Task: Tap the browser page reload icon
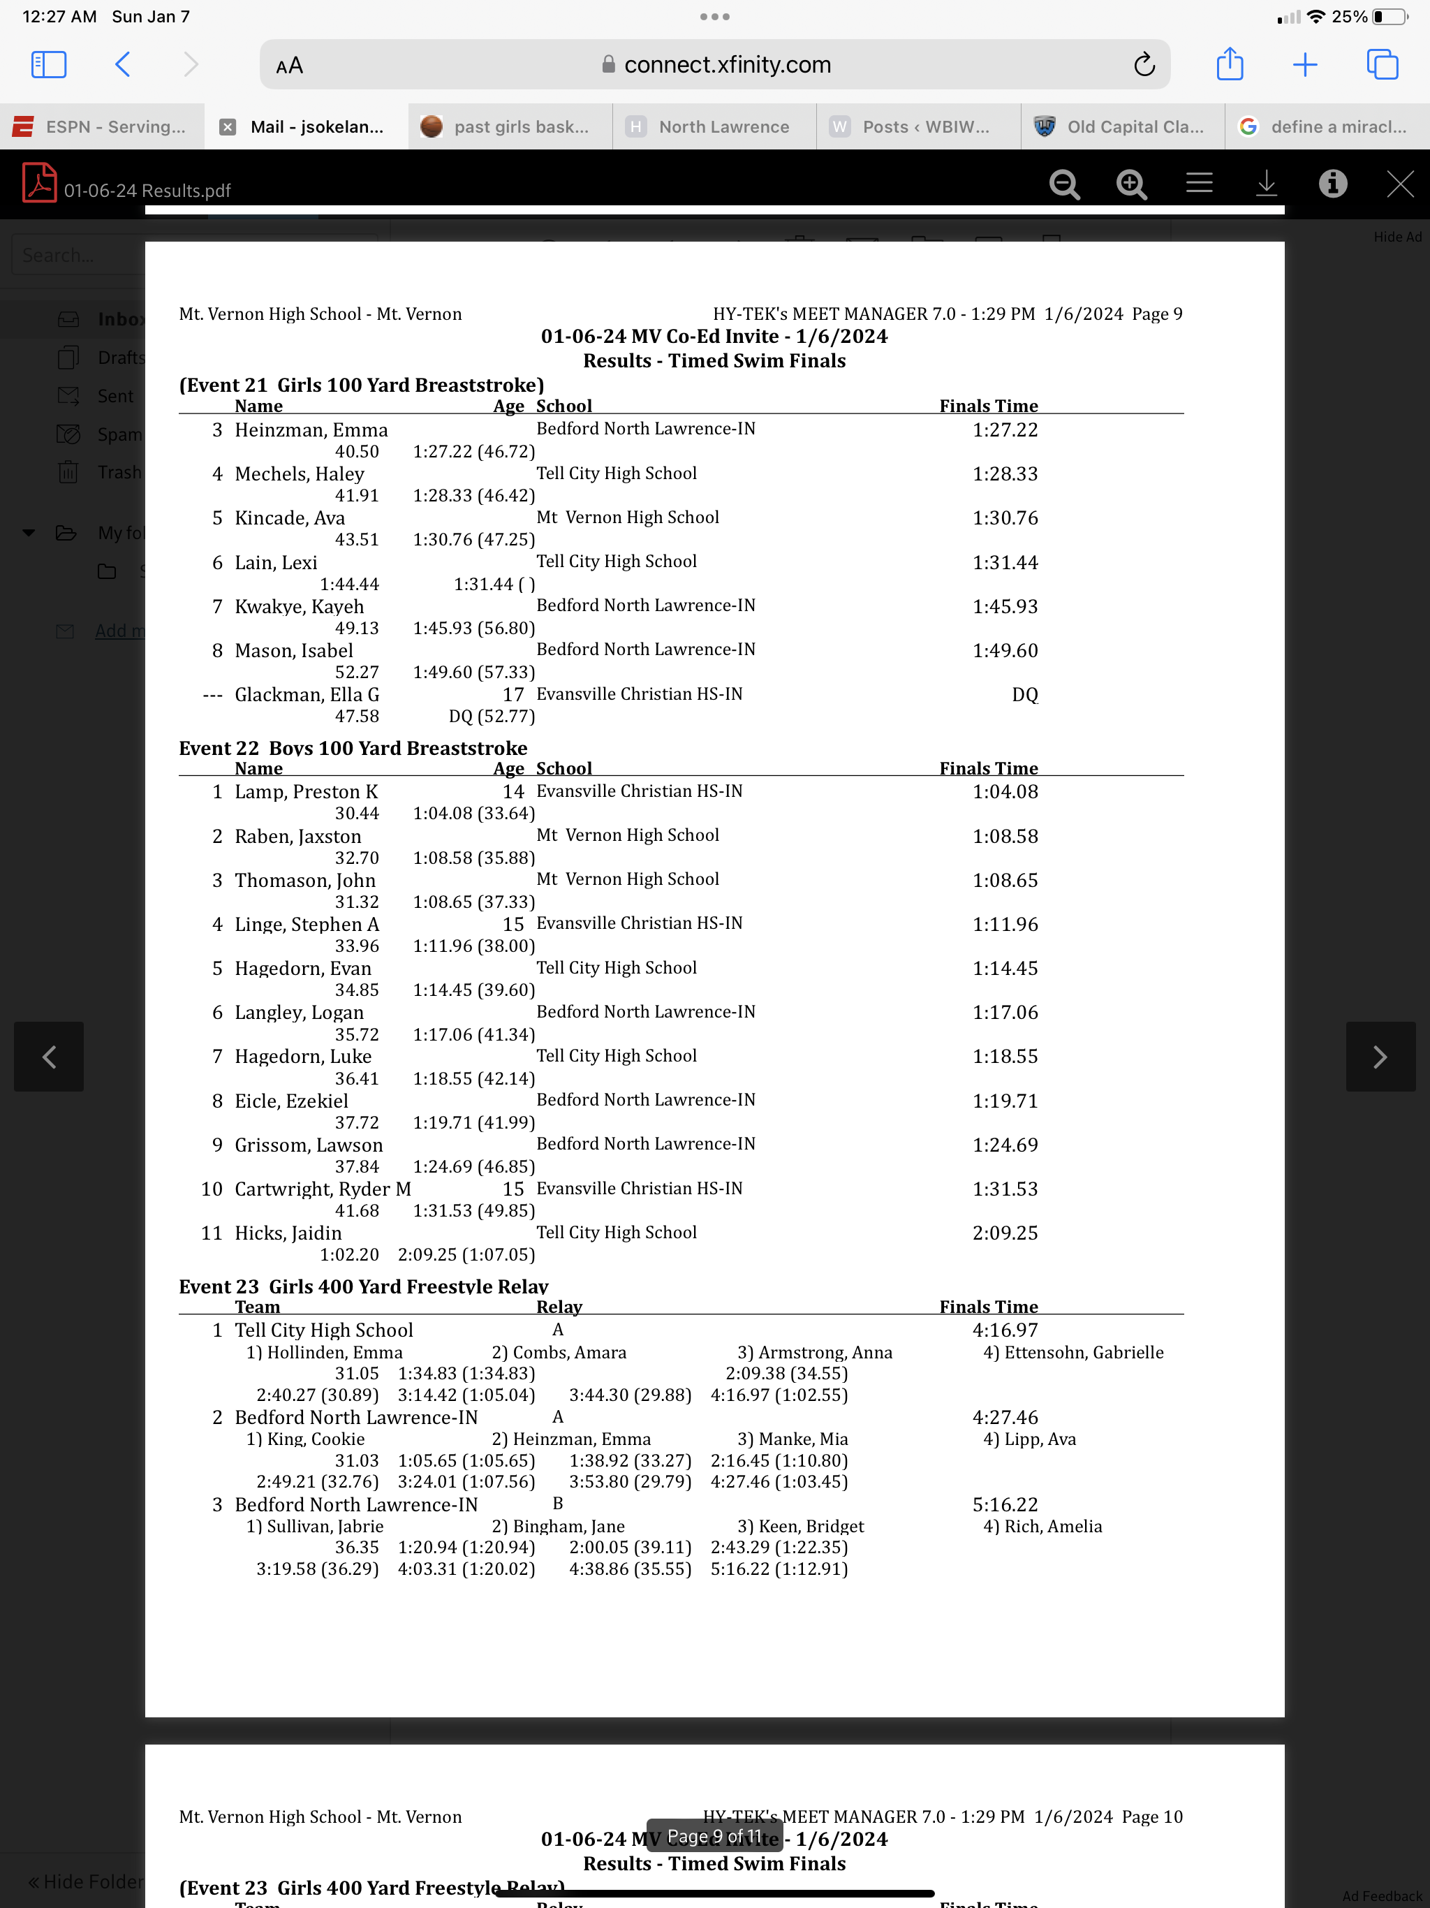pyautogui.click(x=1144, y=65)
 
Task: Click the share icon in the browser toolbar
pyautogui.click(x=1229, y=65)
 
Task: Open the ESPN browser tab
pyautogui.click(x=103, y=127)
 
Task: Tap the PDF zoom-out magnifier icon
pyautogui.click(x=1064, y=184)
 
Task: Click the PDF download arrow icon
pyautogui.click(x=1266, y=184)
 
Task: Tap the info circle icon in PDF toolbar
pyautogui.click(x=1332, y=184)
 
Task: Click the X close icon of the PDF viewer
pyautogui.click(x=1400, y=184)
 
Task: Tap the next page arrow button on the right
pyautogui.click(x=1380, y=1057)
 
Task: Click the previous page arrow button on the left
pyautogui.click(x=49, y=1057)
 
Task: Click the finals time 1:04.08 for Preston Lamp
pyautogui.click(x=1005, y=792)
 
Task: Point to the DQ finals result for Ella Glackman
pyautogui.click(x=1024, y=694)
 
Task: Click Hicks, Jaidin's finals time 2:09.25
pyautogui.click(x=1005, y=1233)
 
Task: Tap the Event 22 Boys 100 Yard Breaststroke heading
pyautogui.click(x=353, y=748)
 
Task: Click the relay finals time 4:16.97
pyautogui.click(x=1005, y=1330)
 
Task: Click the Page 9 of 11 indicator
pyautogui.click(x=714, y=1835)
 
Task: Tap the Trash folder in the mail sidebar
pyautogui.click(x=119, y=473)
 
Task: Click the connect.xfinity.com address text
pyautogui.click(x=727, y=65)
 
